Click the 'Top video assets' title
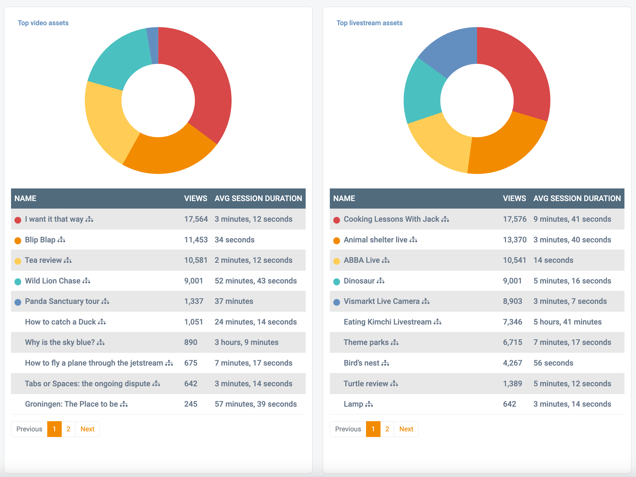(43, 23)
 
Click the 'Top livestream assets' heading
(369, 23)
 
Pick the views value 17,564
(196, 219)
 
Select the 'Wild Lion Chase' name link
(53, 281)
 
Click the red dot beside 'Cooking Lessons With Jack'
(337, 220)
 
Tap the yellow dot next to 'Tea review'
(18, 261)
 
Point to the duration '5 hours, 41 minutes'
(567, 322)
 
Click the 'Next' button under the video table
(87, 429)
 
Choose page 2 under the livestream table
(387, 429)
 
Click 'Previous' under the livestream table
(348, 429)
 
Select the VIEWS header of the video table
(196, 198)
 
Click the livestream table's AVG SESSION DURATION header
(577, 198)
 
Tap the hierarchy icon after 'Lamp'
(369, 405)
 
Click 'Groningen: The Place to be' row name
(71, 404)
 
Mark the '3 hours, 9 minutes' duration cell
(246, 342)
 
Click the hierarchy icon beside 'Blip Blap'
(61, 240)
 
